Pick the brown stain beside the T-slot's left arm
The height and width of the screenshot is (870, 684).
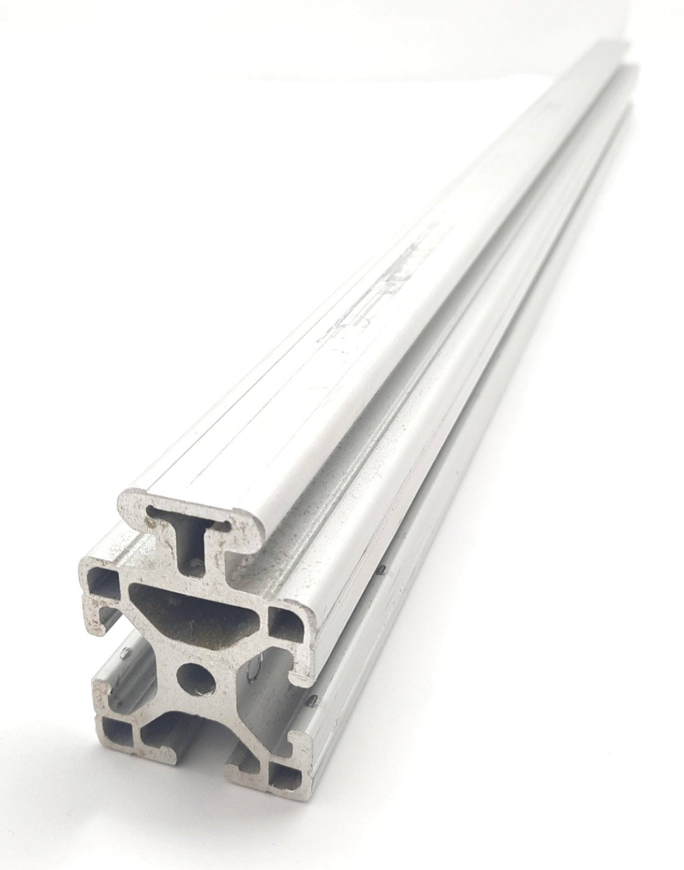151,524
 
